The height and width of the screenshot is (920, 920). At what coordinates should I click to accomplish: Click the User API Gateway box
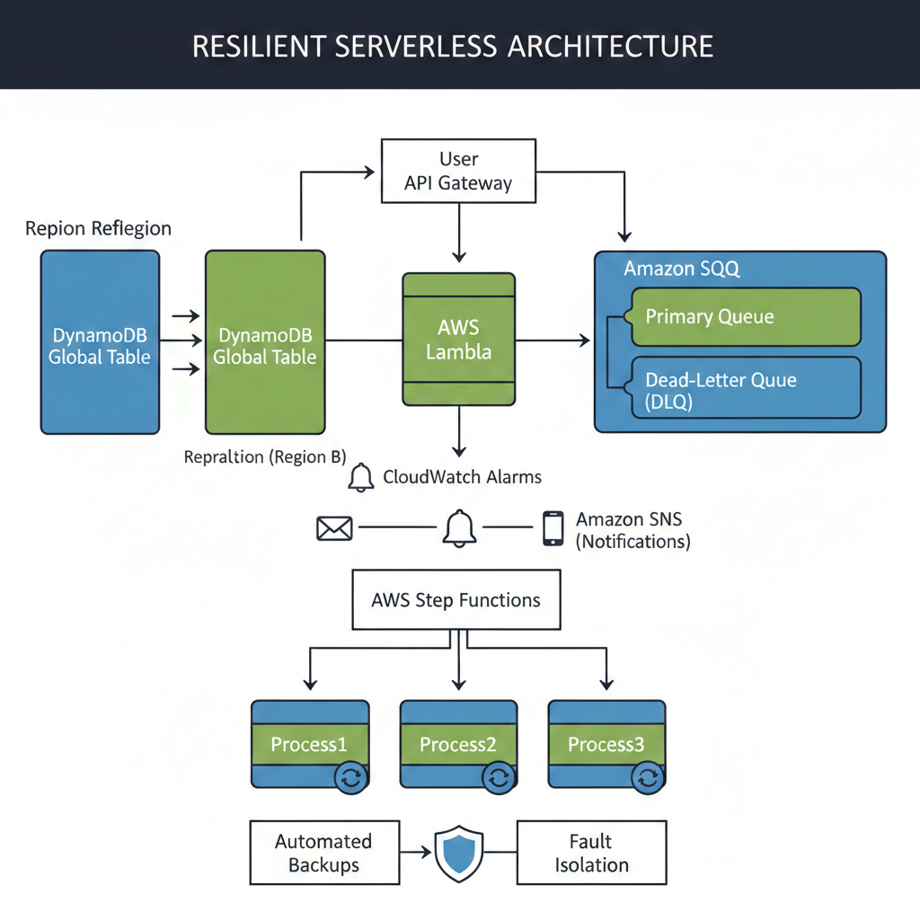pyautogui.click(x=458, y=171)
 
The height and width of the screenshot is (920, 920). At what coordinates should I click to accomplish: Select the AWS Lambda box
pyautogui.click(x=458, y=339)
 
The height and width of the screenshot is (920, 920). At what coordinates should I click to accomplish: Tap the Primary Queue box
pyautogui.click(x=746, y=316)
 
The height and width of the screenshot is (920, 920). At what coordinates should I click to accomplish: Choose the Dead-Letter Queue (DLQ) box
pyautogui.click(x=746, y=392)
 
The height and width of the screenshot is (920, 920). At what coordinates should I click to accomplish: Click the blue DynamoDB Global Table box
pyautogui.click(x=100, y=342)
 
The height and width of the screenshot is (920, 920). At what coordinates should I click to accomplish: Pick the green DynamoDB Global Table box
pyautogui.click(x=265, y=342)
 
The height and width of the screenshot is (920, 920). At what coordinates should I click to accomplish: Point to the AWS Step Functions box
pyautogui.click(x=456, y=599)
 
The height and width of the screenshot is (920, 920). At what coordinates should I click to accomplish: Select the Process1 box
pyautogui.click(x=309, y=745)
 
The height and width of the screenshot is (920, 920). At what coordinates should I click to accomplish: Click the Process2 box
pyautogui.click(x=458, y=745)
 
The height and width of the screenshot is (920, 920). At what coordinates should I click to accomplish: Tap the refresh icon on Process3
pyautogui.click(x=648, y=778)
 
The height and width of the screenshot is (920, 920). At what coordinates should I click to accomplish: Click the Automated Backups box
pyautogui.click(x=323, y=853)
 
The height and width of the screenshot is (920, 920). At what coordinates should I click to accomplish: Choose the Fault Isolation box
pyautogui.click(x=591, y=853)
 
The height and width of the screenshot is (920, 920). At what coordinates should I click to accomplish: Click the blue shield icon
pyautogui.click(x=459, y=854)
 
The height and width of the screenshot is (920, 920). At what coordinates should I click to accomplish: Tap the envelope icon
pyautogui.click(x=334, y=528)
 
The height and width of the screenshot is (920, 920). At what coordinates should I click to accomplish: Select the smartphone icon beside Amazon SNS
pyautogui.click(x=553, y=528)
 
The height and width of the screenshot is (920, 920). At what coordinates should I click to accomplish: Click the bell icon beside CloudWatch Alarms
pyautogui.click(x=361, y=477)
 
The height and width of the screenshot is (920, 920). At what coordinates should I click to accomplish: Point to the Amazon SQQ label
pyautogui.click(x=682, y=269)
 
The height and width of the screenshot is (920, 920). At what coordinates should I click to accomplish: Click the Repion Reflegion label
pyautogui.click(x=98, y=228)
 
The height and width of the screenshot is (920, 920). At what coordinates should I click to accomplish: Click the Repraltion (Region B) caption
pyautogui.click(x=264, y=457)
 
